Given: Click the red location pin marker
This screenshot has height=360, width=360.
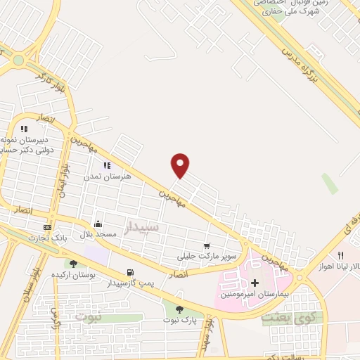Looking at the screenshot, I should pyautogui.click(x=181, y=165).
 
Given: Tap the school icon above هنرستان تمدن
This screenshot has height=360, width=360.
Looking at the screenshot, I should pyautogui.click(x=107, y=165).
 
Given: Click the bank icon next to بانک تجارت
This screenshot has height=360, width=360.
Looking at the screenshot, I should pyautogui.click(x=47, y=227).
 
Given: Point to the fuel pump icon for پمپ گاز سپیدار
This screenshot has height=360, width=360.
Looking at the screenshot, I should pyautogui.click(x=130, y=273).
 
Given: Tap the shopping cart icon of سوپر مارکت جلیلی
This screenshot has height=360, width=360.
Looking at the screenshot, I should pyautogui.click(x=207, y=246).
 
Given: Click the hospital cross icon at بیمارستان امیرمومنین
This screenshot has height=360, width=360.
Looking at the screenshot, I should pyautogui.click(x=255, y=283).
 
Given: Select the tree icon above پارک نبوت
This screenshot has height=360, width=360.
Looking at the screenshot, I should pyautogui.click(x=179, y=309).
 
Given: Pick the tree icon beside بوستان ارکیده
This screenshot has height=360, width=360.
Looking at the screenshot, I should pyautogui.click(x=73, y=264).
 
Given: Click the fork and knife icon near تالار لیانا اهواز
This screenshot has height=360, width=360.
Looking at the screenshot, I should pyautogui.click(x=341, y=255).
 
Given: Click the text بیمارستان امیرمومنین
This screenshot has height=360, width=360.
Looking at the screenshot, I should pyautogui.click(x=253, y=293).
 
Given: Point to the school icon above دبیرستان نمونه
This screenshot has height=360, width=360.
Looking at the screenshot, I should pyautogui.click(x=24, y=129).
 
